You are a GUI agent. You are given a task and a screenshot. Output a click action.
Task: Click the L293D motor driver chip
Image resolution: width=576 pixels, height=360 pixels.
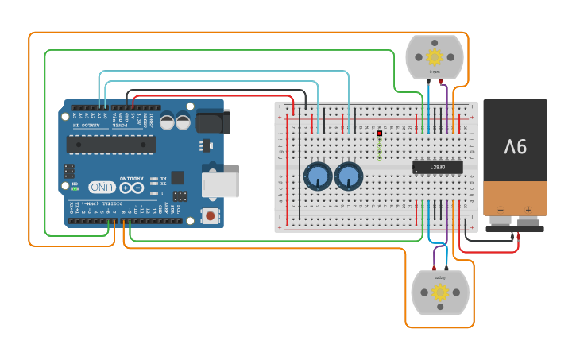438,167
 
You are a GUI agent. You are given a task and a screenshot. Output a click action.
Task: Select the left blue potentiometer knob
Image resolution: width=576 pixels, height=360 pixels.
318,176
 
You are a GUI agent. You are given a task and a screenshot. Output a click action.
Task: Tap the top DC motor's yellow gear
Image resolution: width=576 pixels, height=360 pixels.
434,57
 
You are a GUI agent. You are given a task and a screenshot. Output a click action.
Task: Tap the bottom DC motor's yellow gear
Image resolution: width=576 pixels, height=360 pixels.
439,292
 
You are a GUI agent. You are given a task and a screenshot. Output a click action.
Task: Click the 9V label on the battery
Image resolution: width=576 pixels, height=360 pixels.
515,146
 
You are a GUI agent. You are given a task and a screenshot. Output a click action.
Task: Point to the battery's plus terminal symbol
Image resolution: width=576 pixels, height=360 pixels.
528,210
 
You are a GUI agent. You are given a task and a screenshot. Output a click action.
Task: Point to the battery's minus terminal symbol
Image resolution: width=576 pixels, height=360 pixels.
501,210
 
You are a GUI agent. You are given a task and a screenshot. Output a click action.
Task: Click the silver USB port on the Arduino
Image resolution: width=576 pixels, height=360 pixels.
220,184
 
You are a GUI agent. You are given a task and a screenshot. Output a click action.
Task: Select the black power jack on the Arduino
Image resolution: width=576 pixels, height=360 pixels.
212,122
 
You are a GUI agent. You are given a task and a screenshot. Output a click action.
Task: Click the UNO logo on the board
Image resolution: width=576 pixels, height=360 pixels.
102,187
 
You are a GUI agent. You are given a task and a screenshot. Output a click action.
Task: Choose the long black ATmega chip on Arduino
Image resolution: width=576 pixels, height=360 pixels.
110,144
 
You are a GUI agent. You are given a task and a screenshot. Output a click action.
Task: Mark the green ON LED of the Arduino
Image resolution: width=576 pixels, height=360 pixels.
75,189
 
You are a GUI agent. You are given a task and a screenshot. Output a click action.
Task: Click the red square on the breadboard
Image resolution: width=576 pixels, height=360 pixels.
380,134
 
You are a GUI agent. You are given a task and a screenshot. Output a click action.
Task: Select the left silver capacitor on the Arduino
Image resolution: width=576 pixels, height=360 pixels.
167,122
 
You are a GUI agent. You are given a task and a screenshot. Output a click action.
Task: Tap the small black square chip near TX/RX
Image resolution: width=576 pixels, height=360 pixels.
177,177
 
